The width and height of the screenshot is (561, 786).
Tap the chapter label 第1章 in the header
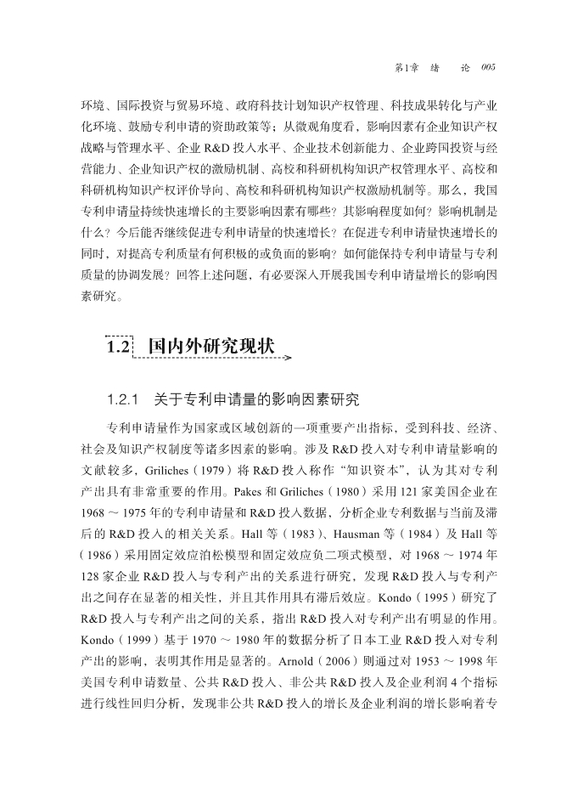pyautogui.click(x=409, y=67)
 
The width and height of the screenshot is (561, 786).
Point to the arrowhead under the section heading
pyautogui.click(x=287, y=359)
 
